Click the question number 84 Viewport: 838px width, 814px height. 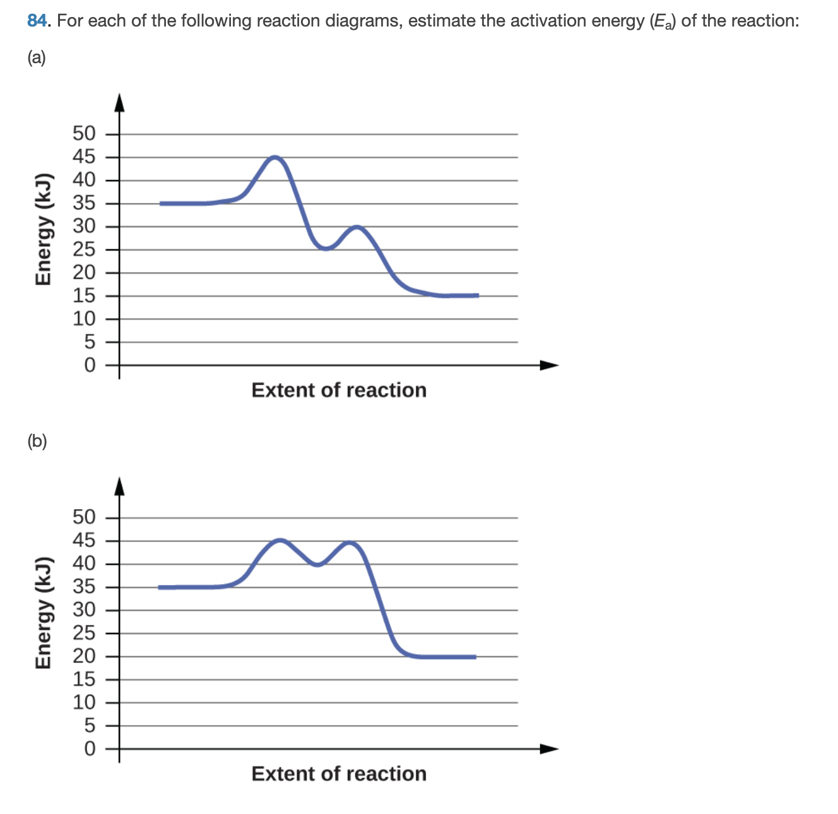(x=37, y=21)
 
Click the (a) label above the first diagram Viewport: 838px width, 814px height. (x=37, y=58)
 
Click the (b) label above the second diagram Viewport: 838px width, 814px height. (x=37, y=441)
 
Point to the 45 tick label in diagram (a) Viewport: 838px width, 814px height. (x=84, y=157)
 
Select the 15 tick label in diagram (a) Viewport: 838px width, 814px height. (x=84, y=295)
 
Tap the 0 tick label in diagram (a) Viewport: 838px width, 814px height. (x=90, y=365)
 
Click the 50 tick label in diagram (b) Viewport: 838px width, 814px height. (x=84, y=517)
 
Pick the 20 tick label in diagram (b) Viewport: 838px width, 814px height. (x=84, y=656)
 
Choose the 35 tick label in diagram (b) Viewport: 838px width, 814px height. (x=84, y=587)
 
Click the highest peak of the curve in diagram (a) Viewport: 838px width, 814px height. (x=275, y=157)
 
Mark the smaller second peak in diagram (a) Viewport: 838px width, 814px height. (x=357, y=227)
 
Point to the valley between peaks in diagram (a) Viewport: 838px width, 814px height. (x=325, y=249)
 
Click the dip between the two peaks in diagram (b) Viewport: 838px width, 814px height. (x=317, y=564)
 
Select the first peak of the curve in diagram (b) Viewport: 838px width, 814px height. (x=280, y=540)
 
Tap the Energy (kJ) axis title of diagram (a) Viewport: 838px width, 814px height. (x=43, y=228)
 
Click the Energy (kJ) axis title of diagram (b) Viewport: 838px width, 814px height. (x=43, y=613)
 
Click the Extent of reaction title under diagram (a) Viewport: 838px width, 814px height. (x=339, y=390)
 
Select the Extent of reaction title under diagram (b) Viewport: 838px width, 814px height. (x=339, y=774)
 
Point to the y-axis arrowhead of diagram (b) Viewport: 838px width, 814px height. (x=119, y=486)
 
